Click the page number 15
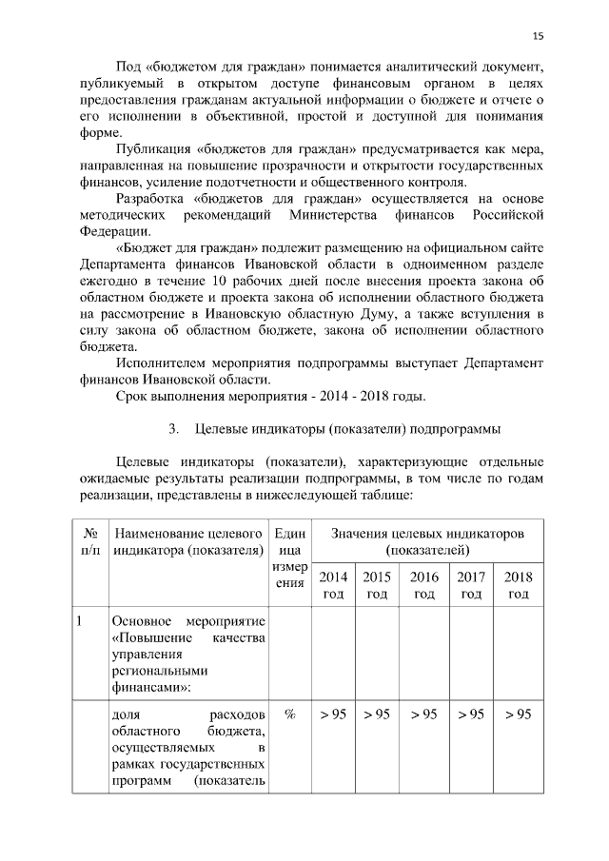click(x=538, y=35)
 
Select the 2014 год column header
click(x=333, y=585)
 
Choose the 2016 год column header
click(x=424, y=585)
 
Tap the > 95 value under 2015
click(x=378, y=714)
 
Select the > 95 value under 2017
click(x=471, y=714)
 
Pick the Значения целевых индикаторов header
click(x=426, y=543)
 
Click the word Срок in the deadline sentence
click(x=134, y=396)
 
